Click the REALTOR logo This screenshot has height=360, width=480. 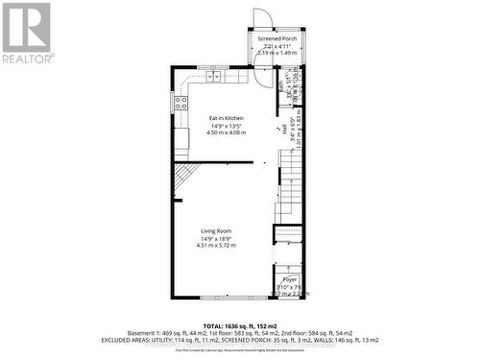(x=26, y=33)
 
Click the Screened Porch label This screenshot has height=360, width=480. (x=279, y=39)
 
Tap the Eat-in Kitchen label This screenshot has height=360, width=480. (x=227, y=117)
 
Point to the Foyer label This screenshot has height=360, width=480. (x=289, y=278)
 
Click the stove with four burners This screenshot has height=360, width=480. (x=180, y=103)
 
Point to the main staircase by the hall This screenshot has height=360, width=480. (x=289, y=187)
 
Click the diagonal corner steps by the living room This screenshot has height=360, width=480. (x=186, y=175)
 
